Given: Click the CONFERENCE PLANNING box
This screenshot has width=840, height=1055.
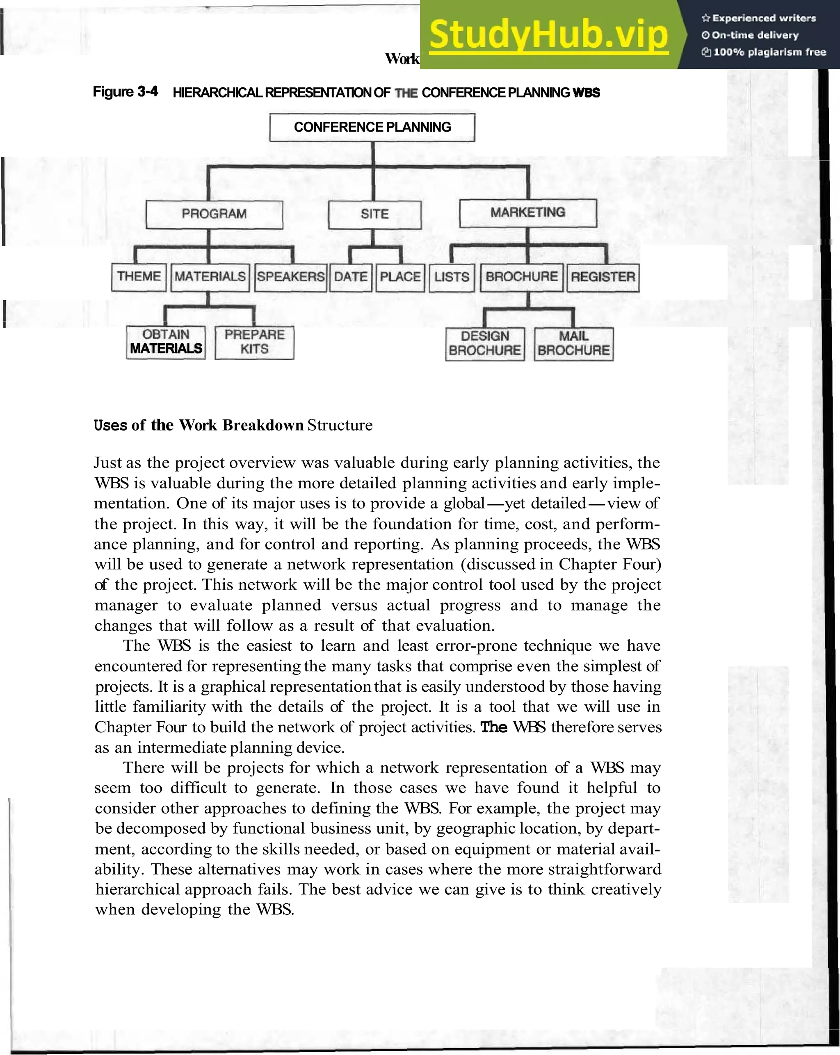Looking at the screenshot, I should pos(372,127).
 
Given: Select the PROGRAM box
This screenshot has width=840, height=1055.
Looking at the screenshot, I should pos(214,214).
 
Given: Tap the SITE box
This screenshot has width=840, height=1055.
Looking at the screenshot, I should pos(374,214).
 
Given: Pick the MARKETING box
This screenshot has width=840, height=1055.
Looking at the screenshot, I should pos(528,213).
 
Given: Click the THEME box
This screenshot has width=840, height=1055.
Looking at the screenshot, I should pos(139,277).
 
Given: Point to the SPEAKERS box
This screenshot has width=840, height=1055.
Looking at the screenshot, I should pos(291,277).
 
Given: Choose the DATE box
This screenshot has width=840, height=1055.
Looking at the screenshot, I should pos(351,277).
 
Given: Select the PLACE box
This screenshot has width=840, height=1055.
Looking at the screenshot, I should pos(400,277).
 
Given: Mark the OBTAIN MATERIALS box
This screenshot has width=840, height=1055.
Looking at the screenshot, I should pos(165,342).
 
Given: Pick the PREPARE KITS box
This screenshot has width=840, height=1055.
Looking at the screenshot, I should pos(255,342).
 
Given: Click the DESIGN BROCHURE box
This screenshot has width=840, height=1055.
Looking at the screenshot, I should pos(485,344).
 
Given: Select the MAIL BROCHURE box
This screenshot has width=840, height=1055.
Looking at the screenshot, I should pos(573,344).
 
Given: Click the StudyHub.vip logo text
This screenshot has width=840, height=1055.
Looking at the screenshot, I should pos(548,35).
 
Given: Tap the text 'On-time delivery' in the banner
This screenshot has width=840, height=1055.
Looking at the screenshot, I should pos(754,35).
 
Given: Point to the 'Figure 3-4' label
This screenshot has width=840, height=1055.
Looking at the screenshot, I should pos(126,92).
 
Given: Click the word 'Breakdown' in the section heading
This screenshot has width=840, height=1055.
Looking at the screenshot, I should pos(263,425).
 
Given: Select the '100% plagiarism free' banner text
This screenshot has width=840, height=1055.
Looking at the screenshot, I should pos(769,52).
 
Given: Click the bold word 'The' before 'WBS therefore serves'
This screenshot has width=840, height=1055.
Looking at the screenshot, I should pos(493,727).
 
